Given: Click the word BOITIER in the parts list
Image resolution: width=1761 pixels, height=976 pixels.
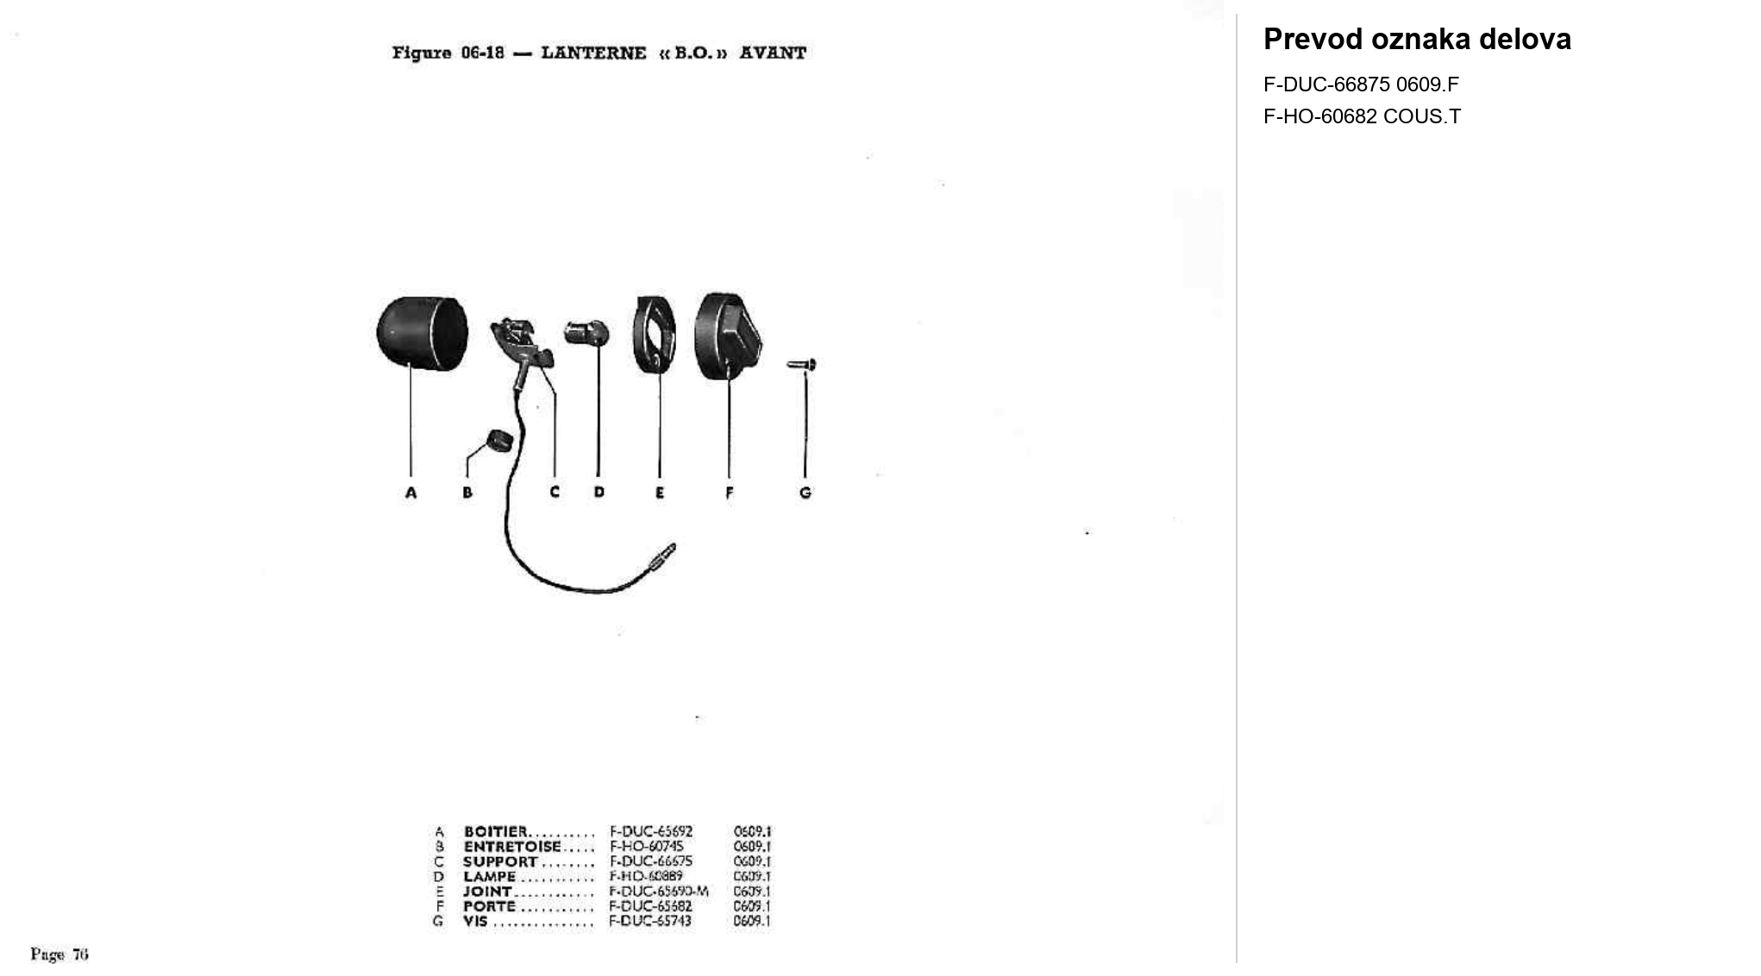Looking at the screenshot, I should point(495,832).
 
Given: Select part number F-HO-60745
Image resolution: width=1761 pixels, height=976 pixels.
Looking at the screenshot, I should point(647,847).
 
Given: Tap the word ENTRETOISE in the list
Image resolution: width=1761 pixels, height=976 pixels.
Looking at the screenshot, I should point(512,847).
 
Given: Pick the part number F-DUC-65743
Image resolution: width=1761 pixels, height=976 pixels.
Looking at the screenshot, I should point(650,921).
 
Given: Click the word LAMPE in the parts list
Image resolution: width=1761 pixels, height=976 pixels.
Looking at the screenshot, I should point(489,877).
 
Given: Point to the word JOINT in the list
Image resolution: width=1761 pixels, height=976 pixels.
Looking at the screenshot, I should point(487,892).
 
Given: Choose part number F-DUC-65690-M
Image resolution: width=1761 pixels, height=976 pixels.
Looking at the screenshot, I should point(659,892).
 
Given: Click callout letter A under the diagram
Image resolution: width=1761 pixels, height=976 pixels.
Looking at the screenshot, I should point(410,493).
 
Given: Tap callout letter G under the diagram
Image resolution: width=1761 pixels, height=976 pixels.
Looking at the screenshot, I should point(805,493).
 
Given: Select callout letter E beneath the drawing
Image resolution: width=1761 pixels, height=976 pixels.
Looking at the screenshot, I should point(660,493).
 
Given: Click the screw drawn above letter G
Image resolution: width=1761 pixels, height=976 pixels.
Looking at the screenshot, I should point(802,366).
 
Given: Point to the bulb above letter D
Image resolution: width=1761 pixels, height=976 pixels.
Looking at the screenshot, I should point(587,333).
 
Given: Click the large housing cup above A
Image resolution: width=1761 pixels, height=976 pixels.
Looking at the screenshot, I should point(422,333).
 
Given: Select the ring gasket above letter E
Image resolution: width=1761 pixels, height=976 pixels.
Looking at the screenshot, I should point(654,335).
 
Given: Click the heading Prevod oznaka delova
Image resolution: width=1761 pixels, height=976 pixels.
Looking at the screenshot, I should point(1417,40).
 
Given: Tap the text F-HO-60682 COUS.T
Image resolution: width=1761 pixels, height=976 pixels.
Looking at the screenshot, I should point(1362,116).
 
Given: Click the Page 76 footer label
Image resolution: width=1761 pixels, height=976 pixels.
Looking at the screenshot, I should point(60,954).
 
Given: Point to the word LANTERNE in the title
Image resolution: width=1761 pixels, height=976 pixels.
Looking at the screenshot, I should point(593,53).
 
